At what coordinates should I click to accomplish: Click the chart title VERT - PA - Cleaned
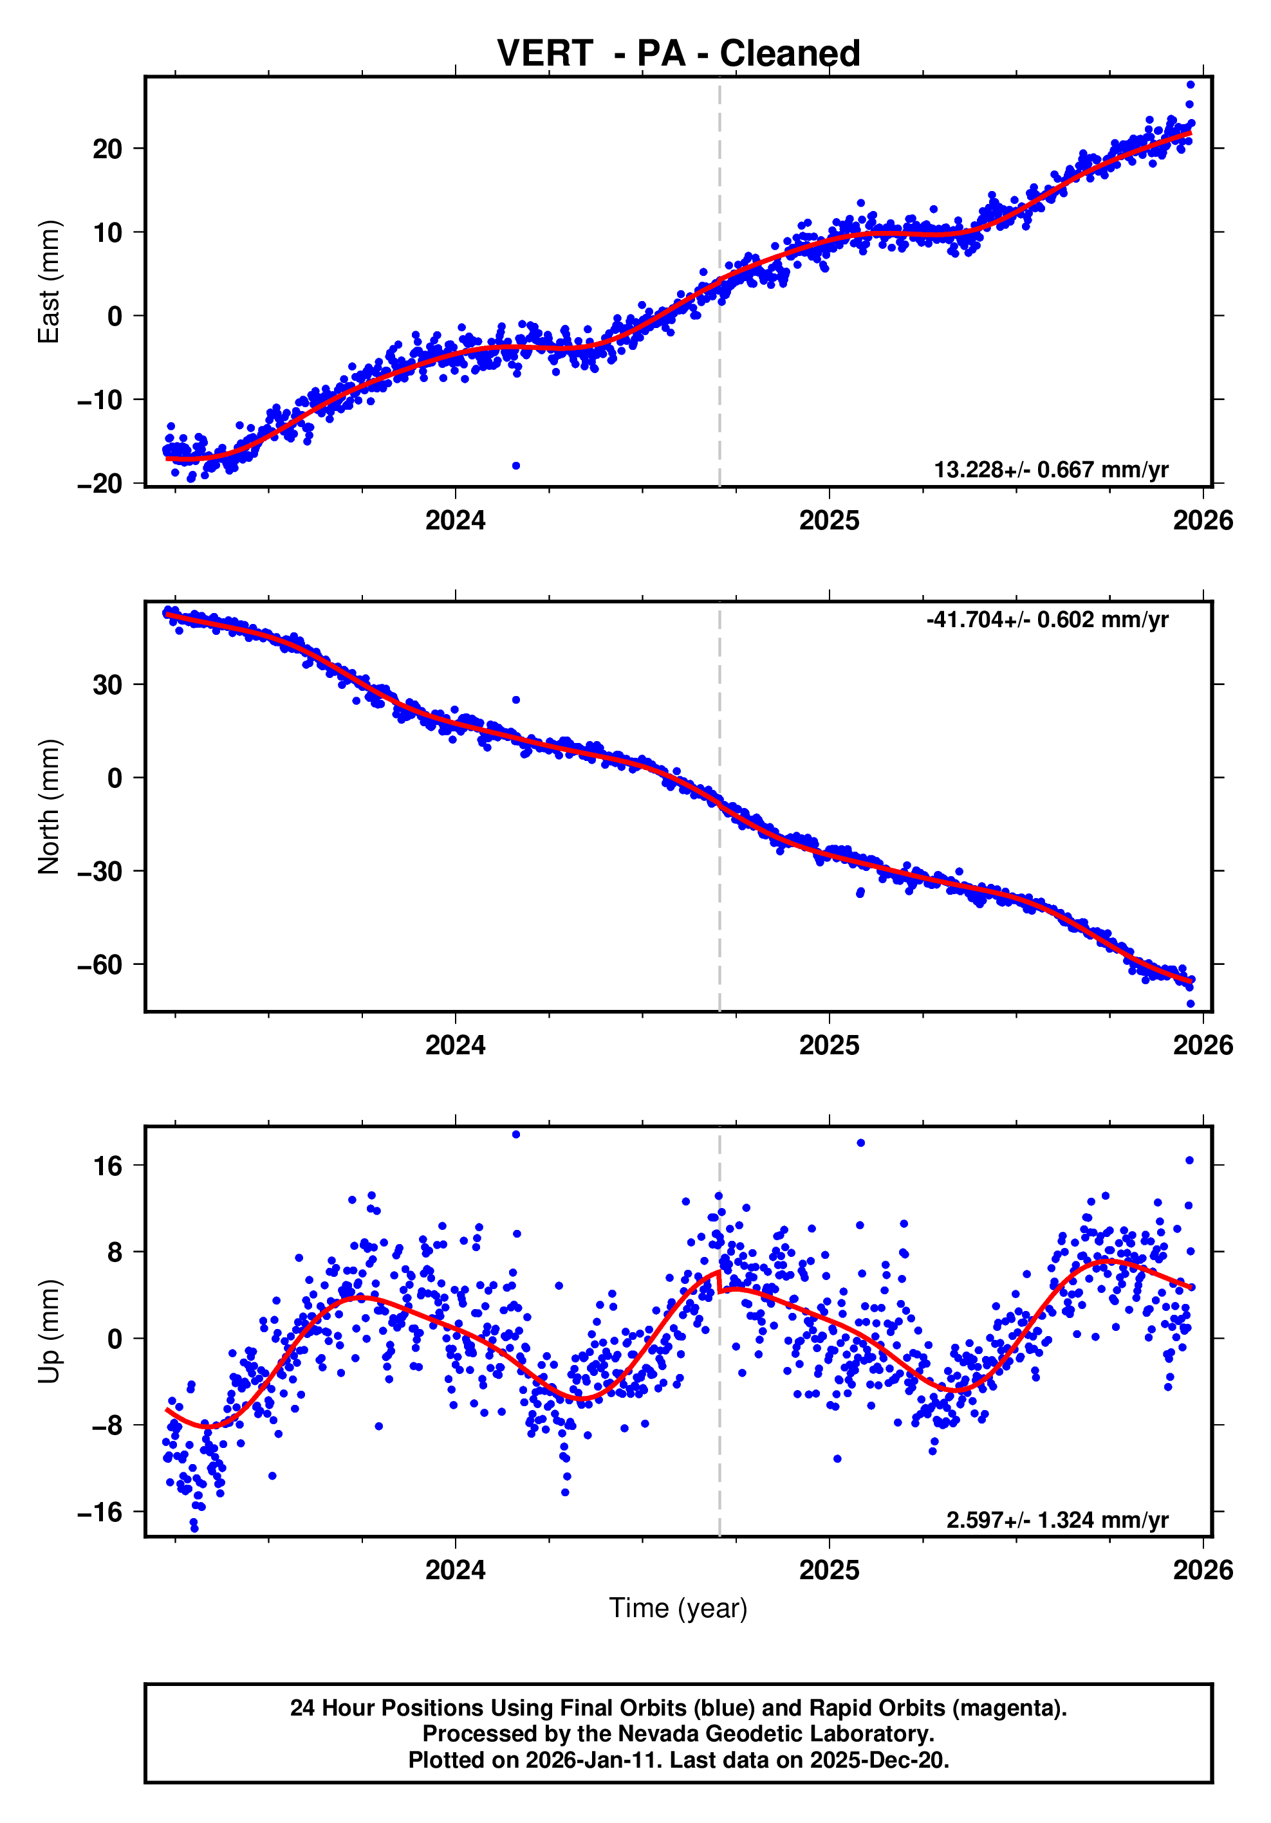[678, 54]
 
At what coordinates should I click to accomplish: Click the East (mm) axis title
[50, 282]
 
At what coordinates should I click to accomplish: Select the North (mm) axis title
[50, 806]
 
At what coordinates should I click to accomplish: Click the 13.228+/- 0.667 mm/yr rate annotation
[1050, 470]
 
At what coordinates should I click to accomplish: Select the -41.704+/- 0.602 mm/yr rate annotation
[1046, 619]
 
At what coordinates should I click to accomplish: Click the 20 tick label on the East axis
[107, 149]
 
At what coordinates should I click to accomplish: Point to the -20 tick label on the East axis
[100, 484]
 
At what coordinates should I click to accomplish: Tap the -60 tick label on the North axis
[100, 965]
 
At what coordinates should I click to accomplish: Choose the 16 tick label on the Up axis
[107, 1166]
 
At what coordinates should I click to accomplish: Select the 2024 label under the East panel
[455, 521]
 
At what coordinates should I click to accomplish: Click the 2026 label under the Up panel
[1203, 1570]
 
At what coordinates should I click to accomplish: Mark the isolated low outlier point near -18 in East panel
[515, 465]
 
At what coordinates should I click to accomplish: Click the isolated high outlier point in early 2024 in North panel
[515, 699]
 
